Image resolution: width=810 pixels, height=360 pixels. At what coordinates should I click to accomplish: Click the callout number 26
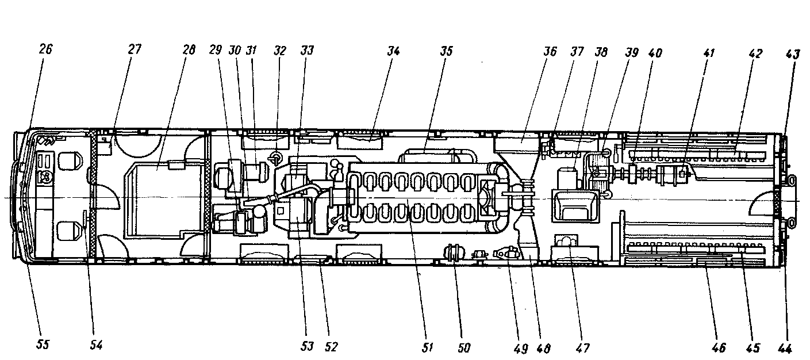(45, 49)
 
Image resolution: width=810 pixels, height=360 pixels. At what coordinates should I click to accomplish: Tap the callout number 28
(188, 49)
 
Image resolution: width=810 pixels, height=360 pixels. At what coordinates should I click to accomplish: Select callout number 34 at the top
(393, 51)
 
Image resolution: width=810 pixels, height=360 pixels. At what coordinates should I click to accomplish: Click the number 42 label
(755, 53)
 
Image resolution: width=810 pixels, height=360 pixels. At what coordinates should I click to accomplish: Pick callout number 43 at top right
(792, 53)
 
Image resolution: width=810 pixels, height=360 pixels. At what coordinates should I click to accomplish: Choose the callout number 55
(43, 345)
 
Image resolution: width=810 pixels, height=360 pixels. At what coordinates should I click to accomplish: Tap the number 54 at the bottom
(96, 345)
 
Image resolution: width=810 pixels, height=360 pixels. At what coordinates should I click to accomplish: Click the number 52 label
(331, 346)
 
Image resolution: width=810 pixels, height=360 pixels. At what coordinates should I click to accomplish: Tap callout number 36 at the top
(550, 52)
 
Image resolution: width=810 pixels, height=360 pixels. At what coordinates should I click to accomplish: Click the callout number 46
(719, 347)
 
